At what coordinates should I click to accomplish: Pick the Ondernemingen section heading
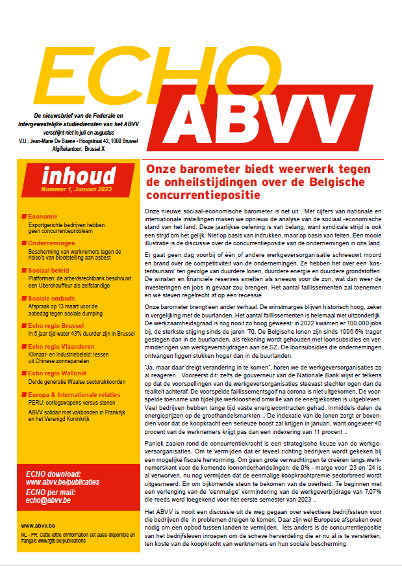(54, 242)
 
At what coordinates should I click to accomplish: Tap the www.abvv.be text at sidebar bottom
(36, 524)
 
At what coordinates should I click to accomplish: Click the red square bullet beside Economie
(24, 216)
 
